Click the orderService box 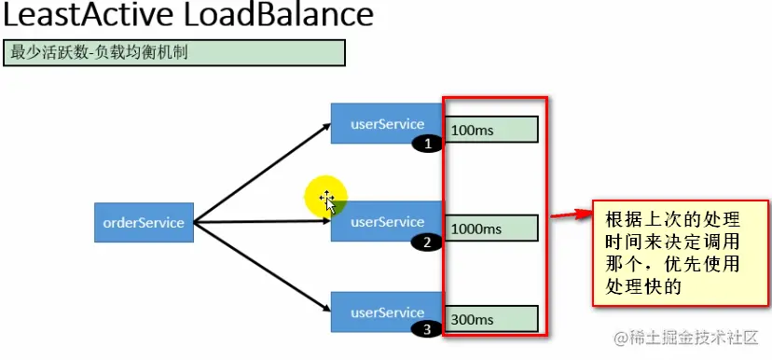point(144,223)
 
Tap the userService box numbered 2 point(386,221)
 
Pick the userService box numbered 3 point(386,312)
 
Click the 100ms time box point(492,130)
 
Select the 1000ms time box point(492,228)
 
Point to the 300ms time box point(492,319)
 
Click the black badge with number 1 point(428,145)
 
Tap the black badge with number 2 point(426,242)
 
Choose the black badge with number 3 point(426,329)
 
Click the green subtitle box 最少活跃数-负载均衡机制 point(174,52)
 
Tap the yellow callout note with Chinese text point(682,253)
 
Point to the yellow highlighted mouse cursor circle point(327,197)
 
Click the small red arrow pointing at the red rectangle point(571,216)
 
